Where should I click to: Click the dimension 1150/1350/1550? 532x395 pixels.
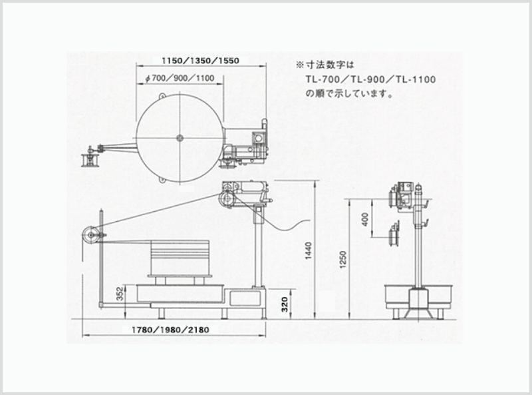pyautogui.click(x=201, y=61)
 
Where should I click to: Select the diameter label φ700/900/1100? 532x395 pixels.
pyautogui.click(x=180, y=78)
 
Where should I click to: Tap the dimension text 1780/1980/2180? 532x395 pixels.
pyautogui.click(x=170, y=330)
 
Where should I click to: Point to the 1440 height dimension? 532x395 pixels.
pyautogui.click(x=308, y=250)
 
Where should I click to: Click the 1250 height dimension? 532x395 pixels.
pyautogui.click(x=343, y=260)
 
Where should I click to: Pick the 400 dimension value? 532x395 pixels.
pyautogui.click(x=365, y=219)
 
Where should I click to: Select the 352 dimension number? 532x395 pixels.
pyautogui.click(x=120, y=294)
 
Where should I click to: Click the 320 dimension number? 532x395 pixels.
pyautogui.click(x=285, y=304)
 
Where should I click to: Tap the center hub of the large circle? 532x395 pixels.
pyautogui.click(x=180, y=138)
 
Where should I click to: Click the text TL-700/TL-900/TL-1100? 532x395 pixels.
pyautogui.click(x=370, y=79)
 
